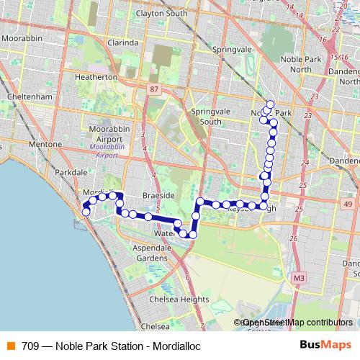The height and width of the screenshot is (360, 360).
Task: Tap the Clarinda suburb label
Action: [122, 42]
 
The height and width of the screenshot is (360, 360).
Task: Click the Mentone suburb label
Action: [46, 145]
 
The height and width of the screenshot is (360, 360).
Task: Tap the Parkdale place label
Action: [71, 173]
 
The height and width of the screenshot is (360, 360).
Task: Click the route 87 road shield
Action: [155, 88]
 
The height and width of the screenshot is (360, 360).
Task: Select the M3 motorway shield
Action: [298, 276]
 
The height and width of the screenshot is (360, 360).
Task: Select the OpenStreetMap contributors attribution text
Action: [297, 323]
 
